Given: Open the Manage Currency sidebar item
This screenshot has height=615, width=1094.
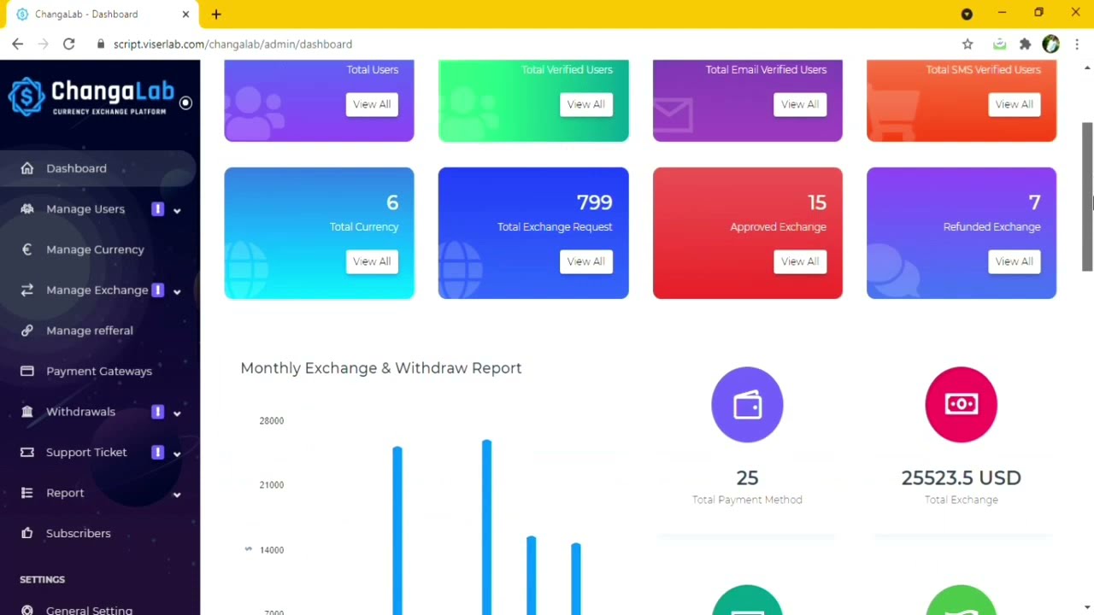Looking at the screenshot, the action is click(95, 249).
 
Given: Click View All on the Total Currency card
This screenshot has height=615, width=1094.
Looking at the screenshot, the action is click(372, 261).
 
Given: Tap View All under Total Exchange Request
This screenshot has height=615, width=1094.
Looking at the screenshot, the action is click(586, 261).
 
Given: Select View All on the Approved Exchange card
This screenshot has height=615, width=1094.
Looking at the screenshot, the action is click(800, 261).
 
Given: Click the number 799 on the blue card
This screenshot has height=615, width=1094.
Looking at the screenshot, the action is click(594, 202).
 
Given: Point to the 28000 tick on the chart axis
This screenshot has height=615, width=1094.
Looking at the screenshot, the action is click(272, 421).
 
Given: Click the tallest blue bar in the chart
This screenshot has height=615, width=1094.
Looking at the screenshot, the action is click(487, 527).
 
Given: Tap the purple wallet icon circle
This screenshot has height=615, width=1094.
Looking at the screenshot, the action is click(747, 405).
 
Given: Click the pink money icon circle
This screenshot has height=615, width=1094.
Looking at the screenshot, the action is click(962, 405).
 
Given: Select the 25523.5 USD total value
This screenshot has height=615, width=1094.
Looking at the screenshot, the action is click(962, 477).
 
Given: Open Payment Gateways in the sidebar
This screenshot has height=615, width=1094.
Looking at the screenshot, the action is click(99, 371).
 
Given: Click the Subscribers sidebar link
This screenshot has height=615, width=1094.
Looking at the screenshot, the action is click(78, 533).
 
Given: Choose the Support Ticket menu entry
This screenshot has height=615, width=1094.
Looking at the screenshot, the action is click(86, 452).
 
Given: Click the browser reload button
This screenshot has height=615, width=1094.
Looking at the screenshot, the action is click(69, 44).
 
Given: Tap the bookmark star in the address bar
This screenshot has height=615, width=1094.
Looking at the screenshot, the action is click(968, 44).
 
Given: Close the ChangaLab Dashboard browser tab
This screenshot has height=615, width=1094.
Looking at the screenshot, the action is click(185, 15).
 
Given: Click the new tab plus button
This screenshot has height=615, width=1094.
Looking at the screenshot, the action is click(216, 15).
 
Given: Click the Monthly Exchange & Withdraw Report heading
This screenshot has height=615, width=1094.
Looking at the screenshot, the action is click(381, 368).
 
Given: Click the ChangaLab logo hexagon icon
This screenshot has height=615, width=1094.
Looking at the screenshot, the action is click(26, 97).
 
